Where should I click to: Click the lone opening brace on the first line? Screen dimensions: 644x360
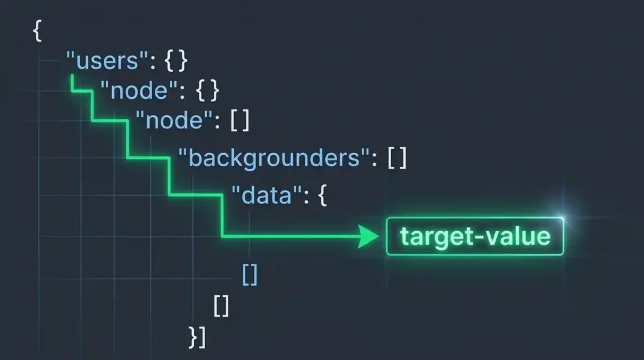(37, 31)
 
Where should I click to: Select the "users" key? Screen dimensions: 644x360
(107, 61)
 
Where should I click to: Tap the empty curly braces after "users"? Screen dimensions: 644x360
(176, 61)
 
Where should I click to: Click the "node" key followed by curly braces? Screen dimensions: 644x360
(140, 91)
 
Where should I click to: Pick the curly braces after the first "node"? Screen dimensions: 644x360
(208, 91)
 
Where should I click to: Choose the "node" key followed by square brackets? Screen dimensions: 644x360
(175, 120)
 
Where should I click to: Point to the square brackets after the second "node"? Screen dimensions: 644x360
(240, 120)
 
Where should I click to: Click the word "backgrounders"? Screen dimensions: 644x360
(274, 158)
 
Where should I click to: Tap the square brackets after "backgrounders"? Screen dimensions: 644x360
(397, 158)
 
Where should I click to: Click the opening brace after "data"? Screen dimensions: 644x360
(323, 195)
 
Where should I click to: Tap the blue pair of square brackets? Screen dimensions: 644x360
(250, 274)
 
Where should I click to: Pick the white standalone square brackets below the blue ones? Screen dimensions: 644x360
(221, 306)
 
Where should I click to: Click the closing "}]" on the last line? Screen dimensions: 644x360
(197, 337)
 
